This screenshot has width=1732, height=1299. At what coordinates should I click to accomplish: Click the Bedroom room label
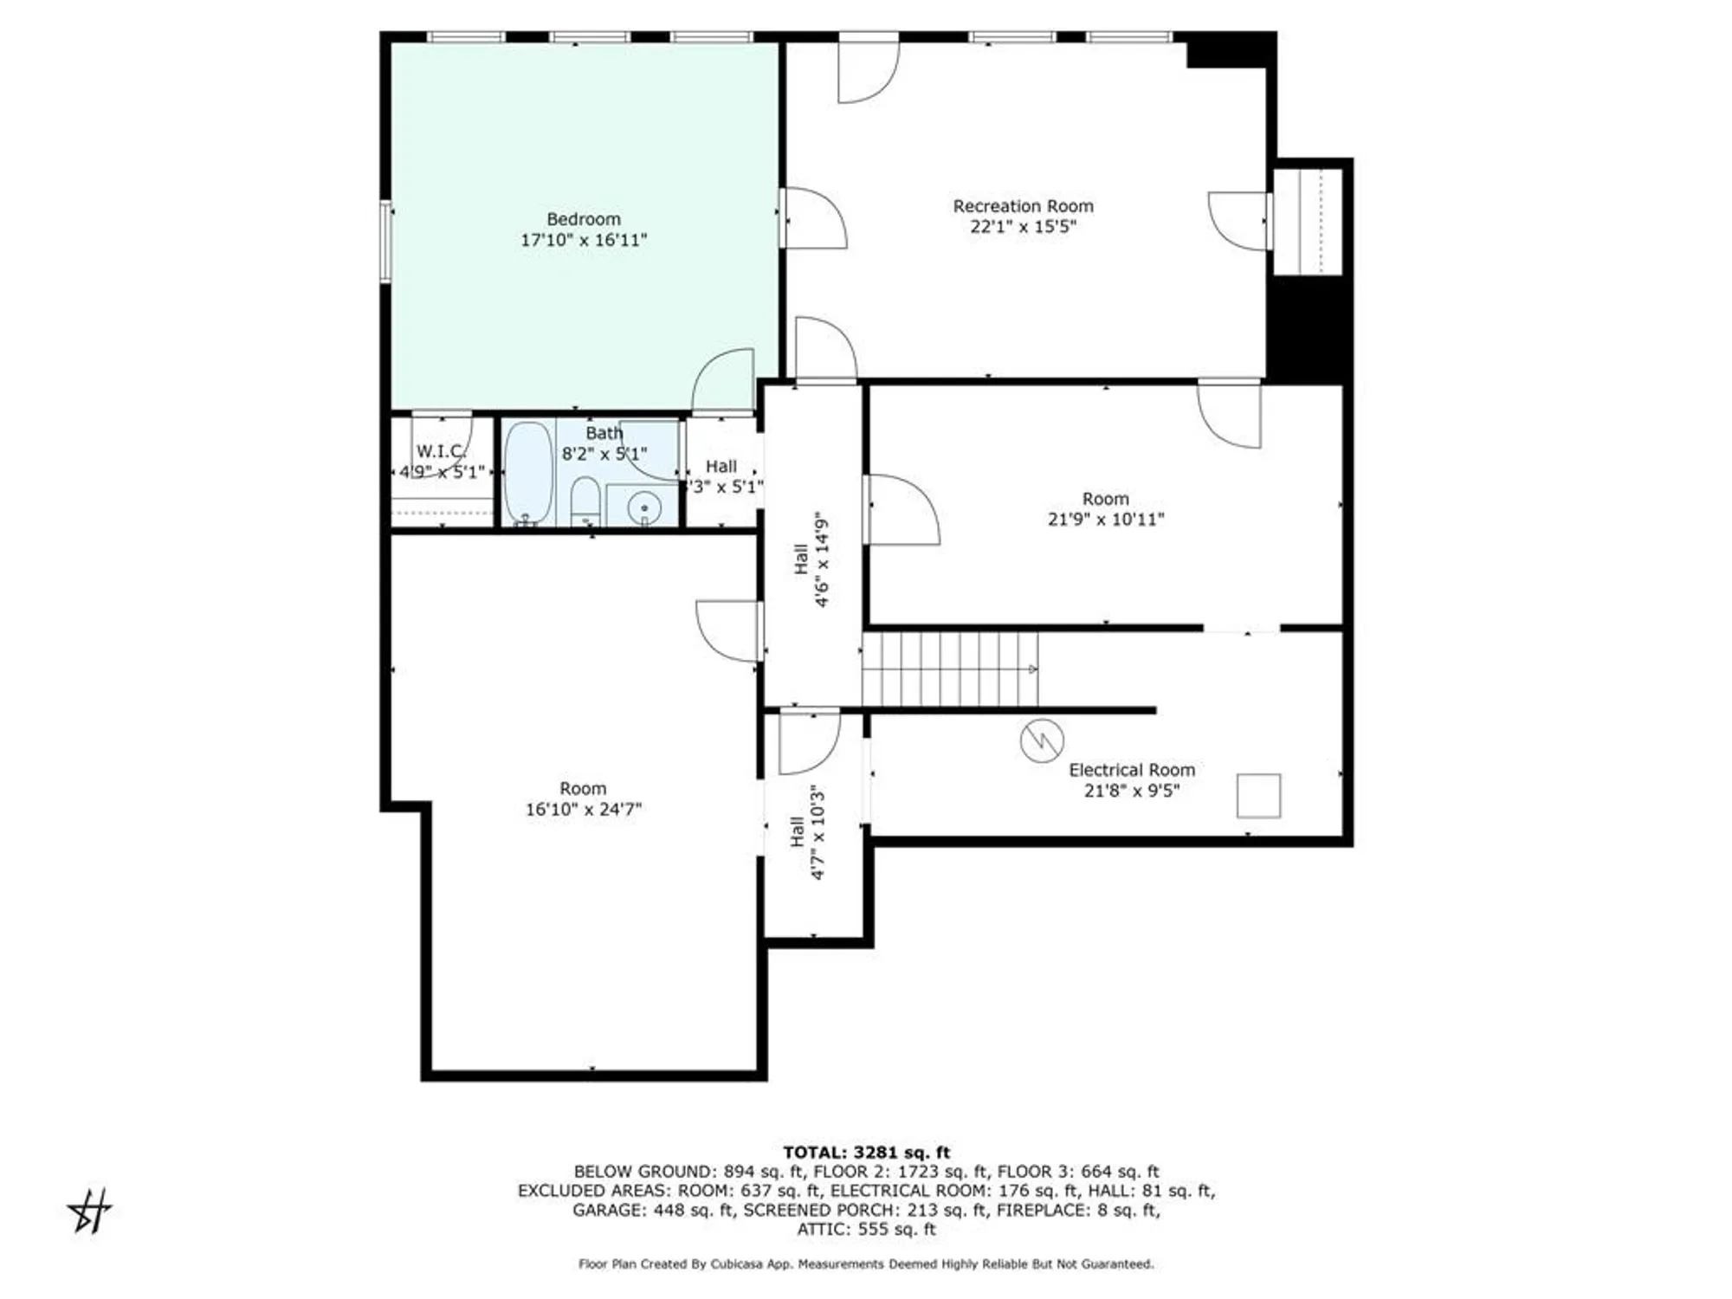pyautogui.click(x=583, y=219)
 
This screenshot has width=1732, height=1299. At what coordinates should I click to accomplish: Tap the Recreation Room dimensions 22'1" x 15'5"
pyautogui.click(x=1023, y=227)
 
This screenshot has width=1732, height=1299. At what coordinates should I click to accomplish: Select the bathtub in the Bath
pyautogui.click(x=527, y=472)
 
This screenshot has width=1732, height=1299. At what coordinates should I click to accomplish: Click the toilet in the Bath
pyautogui.click(x=586, y=502)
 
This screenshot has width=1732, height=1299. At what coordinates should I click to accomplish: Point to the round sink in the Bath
pyautogui.click(x=644, y=507)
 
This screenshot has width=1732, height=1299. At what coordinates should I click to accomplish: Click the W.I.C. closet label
pyautogui.click(x=441, y=451)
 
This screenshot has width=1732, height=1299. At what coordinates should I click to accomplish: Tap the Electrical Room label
pyautogui.click(x=1131, y=770)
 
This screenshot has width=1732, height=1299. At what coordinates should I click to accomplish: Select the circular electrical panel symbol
pyautogui.click(x=1042, y=741)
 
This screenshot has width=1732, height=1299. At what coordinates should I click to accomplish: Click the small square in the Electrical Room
pyautogui.click(x=1258, y=795)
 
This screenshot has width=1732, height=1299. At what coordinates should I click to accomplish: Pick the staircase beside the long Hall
pyautogui.click(x=949, y=669)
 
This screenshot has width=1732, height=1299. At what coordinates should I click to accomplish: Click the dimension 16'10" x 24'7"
pyautogui.click(x=583, y=810)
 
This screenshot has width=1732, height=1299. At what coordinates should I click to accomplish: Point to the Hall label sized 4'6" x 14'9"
pyautogui.click(x=811, y=560)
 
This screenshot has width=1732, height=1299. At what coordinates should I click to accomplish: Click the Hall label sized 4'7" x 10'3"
pyautogui.click(x=807, y=832)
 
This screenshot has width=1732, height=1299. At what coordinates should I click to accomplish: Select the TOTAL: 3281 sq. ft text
pyautogui.click(x=866, y=1152)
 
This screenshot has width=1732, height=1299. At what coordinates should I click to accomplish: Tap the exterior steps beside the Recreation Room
pyautogui.click(x=1307, y=222)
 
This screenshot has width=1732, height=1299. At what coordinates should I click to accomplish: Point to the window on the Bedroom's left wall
pyautogui.click(x=387, y=241)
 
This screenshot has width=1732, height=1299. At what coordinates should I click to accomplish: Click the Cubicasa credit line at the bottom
pyautogui.click(x=866, y=1264)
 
